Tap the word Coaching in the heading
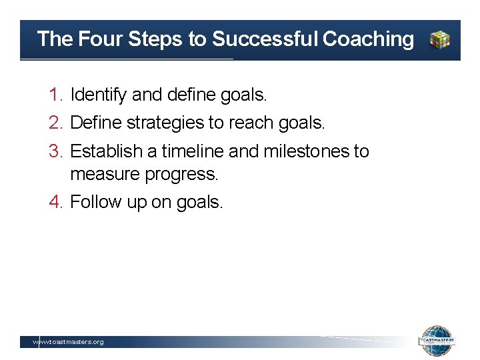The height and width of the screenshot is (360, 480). coord(368,39)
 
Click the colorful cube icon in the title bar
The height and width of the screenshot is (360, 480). coord(439,40)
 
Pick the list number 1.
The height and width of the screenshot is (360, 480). coord(55,95)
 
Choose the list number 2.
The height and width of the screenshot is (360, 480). coord(55,123)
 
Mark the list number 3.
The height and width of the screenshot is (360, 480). coord(55,152)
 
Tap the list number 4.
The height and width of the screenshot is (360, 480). coord(55,202)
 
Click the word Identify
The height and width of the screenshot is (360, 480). coord(98,95)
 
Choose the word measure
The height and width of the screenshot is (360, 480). coord(101,175)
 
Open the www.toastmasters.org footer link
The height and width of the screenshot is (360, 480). coord(69,342)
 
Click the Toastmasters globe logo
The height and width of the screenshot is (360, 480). coord(437,341)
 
